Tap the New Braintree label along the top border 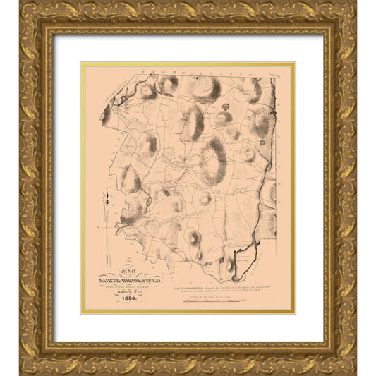[169, 71]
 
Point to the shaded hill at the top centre [205, 89]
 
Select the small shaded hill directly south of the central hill [205, 200]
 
